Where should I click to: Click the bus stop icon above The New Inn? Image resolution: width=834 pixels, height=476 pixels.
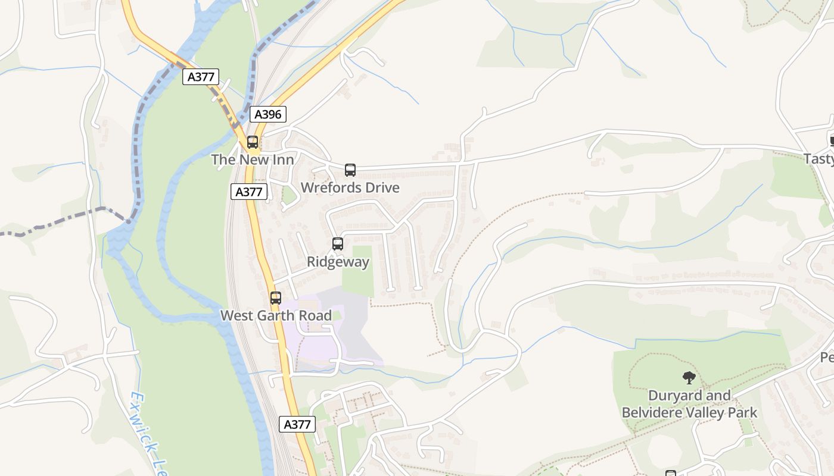253,142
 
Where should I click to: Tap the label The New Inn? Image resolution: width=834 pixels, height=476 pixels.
253,159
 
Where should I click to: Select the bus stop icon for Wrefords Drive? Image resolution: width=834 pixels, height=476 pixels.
350,170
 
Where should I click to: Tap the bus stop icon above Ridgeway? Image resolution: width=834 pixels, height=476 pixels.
338,244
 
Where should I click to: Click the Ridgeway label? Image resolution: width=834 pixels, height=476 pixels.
338,262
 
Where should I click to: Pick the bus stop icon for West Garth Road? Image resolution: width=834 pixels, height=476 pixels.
275,298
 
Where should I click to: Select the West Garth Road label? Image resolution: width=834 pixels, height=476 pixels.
276,315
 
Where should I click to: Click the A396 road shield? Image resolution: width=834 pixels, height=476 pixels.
268,114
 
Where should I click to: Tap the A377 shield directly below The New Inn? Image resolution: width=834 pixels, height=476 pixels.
249,192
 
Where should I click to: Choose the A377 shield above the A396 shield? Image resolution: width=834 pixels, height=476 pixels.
201,77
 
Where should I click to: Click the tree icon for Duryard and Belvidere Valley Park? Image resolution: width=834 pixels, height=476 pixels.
689,377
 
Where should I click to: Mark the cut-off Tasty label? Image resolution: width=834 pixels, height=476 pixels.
819,159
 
